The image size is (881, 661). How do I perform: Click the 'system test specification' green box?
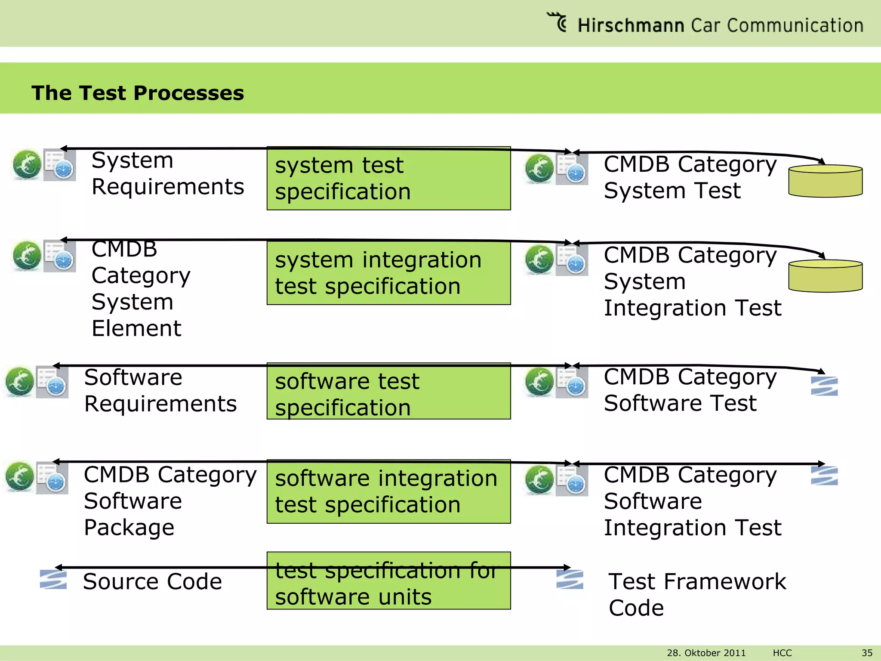(388, 178)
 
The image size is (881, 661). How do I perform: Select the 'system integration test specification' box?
(388, 273)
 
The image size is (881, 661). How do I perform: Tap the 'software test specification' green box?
(388, 391)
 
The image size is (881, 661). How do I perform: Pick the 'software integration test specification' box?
(388, 491)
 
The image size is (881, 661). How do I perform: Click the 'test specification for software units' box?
(388, 581)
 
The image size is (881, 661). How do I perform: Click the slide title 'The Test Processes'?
(138, 93)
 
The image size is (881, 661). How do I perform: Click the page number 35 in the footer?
(867, 653)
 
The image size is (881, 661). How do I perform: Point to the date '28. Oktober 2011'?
(706, 653)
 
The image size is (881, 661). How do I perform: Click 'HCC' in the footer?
(782, 653)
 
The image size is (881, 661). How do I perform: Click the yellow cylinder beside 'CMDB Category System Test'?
(825, 181)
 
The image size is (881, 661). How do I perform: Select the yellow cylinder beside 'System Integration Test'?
(825, 276)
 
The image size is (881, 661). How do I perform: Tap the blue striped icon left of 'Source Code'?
(53, 579)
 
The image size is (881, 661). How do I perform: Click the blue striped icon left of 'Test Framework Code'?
(570, 579)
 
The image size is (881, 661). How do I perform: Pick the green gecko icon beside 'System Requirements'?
(27, 164)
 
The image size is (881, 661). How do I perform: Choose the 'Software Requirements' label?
(160, 390)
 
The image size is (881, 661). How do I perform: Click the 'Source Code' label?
(152, 581)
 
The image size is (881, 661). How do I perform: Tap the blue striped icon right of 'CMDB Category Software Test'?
(824, 386)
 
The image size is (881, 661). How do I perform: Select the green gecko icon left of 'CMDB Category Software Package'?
(20, 477)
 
